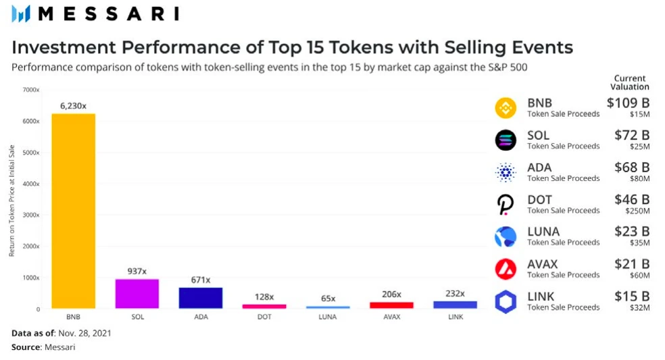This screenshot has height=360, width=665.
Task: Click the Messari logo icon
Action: pos(21,14)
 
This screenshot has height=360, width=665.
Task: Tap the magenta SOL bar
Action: pos(137,294)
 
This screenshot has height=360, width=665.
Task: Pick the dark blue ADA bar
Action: pos(201,298)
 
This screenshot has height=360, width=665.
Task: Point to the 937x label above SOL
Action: pos(137,271)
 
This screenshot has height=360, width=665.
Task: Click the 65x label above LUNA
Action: pos(328,298)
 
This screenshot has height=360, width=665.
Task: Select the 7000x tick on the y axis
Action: pos(30,90)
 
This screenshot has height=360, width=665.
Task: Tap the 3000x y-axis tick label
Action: pos(30,215)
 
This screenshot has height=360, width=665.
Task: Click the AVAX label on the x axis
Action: pos(391,316)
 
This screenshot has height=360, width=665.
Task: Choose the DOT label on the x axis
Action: pos(264,316)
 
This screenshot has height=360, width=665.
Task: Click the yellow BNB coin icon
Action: pos(506,108)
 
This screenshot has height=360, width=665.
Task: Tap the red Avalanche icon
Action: pos(506,269)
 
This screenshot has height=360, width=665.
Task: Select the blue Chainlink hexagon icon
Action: pos(506,301)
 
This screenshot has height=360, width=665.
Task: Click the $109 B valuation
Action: pos(628,103)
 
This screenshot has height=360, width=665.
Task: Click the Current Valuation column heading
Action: pos(630,82)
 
